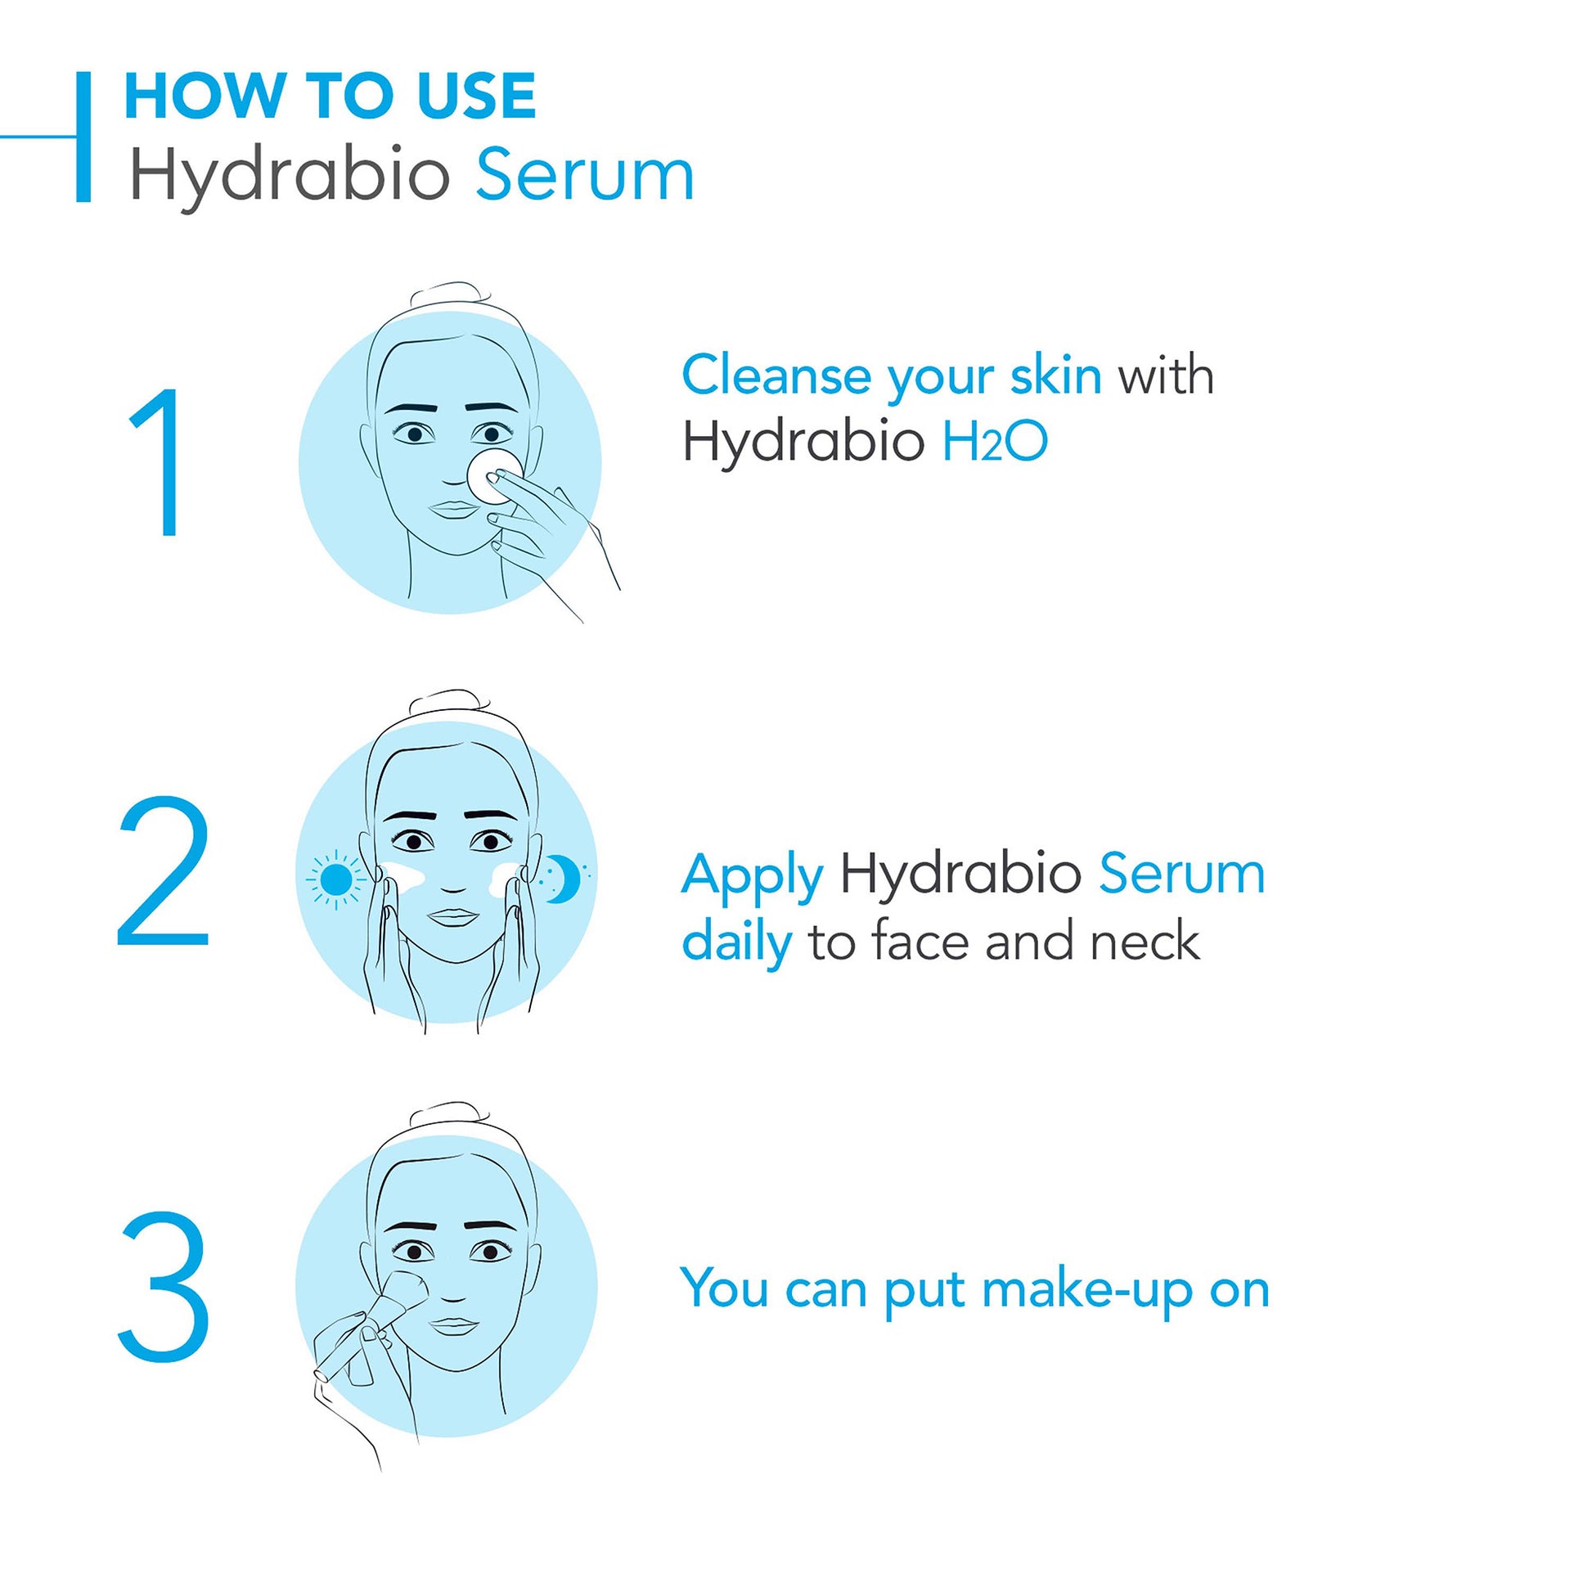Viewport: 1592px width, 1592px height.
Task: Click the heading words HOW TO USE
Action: click(330, 97)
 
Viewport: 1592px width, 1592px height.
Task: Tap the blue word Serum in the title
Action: click(585, 175)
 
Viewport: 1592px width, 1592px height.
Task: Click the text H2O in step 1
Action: click(995, 442)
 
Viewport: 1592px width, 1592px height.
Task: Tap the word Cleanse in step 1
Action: click(776, 376)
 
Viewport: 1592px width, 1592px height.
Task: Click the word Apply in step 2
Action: click(753, 876)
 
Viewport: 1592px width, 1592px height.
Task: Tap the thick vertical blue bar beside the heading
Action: click(83, 137)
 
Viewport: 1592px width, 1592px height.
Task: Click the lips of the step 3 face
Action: click(454, 1326)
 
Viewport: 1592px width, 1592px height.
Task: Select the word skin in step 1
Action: click(1055, 376)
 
